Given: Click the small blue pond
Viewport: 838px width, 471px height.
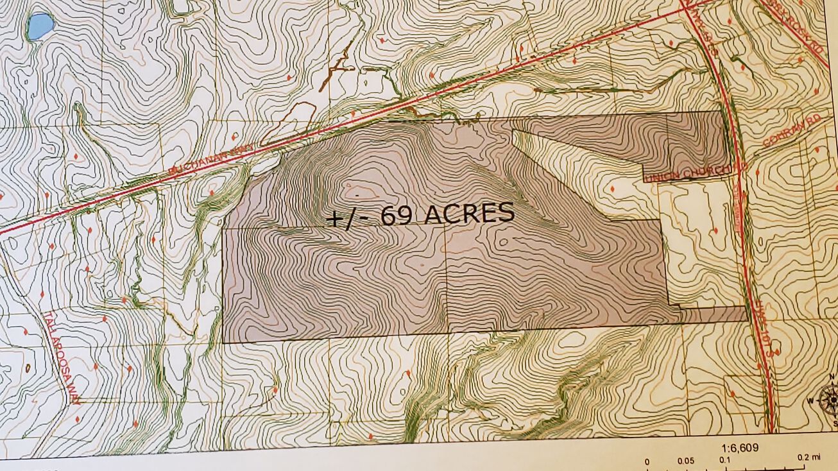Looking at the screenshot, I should (40, 26).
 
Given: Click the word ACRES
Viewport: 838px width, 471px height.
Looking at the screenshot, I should (469, 214).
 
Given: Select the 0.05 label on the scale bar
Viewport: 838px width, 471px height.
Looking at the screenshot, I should (685, 461).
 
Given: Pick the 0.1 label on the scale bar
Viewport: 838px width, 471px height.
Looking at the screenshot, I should (726, 460).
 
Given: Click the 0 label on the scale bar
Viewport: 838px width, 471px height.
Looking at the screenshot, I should (647, 461).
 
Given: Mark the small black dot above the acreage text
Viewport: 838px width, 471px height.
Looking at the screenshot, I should (357, 193).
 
